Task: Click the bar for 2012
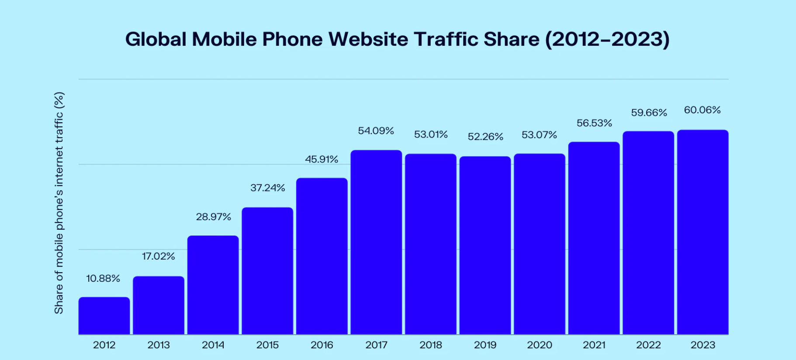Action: pyautogui.click(x=104, y=316)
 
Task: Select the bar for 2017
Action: pyautogui.click(x=376, y=242)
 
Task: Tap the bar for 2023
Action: pyautogui.click(x=703, y=232)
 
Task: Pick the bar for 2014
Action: pyautogui.click(x=213, y=285)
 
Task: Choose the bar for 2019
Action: pyautogui.click(x=485, y=245)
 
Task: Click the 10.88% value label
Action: pyautogui.click(x=103, y=279)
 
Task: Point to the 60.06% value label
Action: pyautogui.click(x=702, y=110)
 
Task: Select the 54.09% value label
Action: pyautogui.click(x=376, y=131)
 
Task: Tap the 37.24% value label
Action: pyautogui.click(x=267, y=188)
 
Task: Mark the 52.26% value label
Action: pyautogui.click(x=485, y=137)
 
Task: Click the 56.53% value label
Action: pyautogui.click(x=594, y=123)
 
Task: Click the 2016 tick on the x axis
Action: pyautogui.click(x=322, y=345)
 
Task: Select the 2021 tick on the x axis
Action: pyautogui.click(x=594, y=345)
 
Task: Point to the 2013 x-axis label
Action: pyautogui.click(x=159, y=345)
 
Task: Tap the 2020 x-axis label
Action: pyautogui.click(x=540, y=345)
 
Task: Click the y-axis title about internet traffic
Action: pyautogui.click(x=59, y=203)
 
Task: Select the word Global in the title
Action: pyautogui.click(x=156, y=39)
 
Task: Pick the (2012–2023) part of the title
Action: pyautogui.click(x=607, y=39)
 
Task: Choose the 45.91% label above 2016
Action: pyautogui.click(x=322, y=159)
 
